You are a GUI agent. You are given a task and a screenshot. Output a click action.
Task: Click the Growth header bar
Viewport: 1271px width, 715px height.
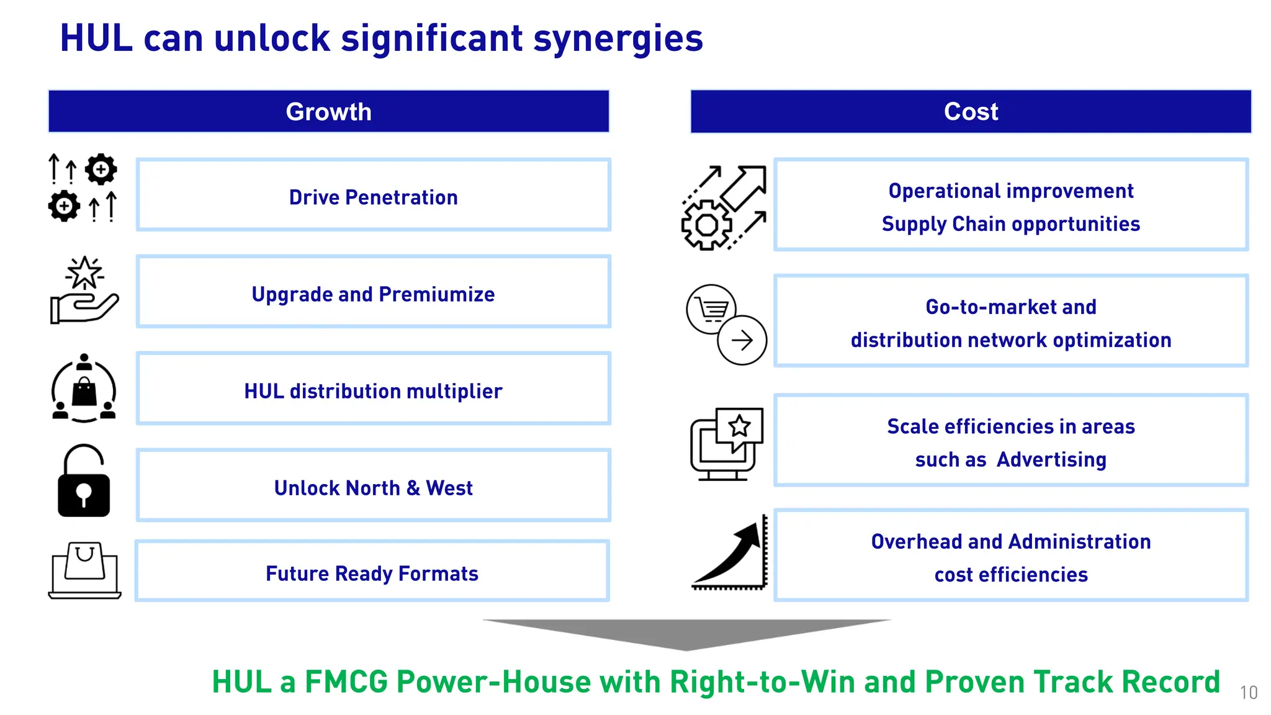(328, 112)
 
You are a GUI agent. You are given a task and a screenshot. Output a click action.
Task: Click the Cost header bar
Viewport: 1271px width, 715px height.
(971, 112)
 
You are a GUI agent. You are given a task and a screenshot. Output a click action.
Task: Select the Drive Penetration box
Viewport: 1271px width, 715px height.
(373, 196)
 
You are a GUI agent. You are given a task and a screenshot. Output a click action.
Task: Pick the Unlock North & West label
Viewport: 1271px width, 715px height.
(373, 488)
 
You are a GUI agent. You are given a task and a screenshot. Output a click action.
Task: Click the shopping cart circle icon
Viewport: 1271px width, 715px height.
(711, 309)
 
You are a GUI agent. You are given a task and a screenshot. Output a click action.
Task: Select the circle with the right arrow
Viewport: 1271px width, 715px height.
(742, 340)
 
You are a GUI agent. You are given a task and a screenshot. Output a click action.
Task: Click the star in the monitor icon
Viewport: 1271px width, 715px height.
(739, 426)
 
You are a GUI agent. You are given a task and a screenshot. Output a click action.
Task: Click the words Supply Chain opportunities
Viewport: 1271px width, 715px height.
(1010, 224)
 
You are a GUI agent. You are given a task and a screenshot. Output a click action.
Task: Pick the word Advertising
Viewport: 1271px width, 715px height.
(1051, 460)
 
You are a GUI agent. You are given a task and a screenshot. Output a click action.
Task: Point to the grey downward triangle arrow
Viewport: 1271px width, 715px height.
(686, 633)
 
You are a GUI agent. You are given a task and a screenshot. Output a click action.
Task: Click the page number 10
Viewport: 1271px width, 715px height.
(1249, 693)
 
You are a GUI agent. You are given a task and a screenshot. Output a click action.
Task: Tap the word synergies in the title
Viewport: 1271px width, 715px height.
(618, 38)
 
